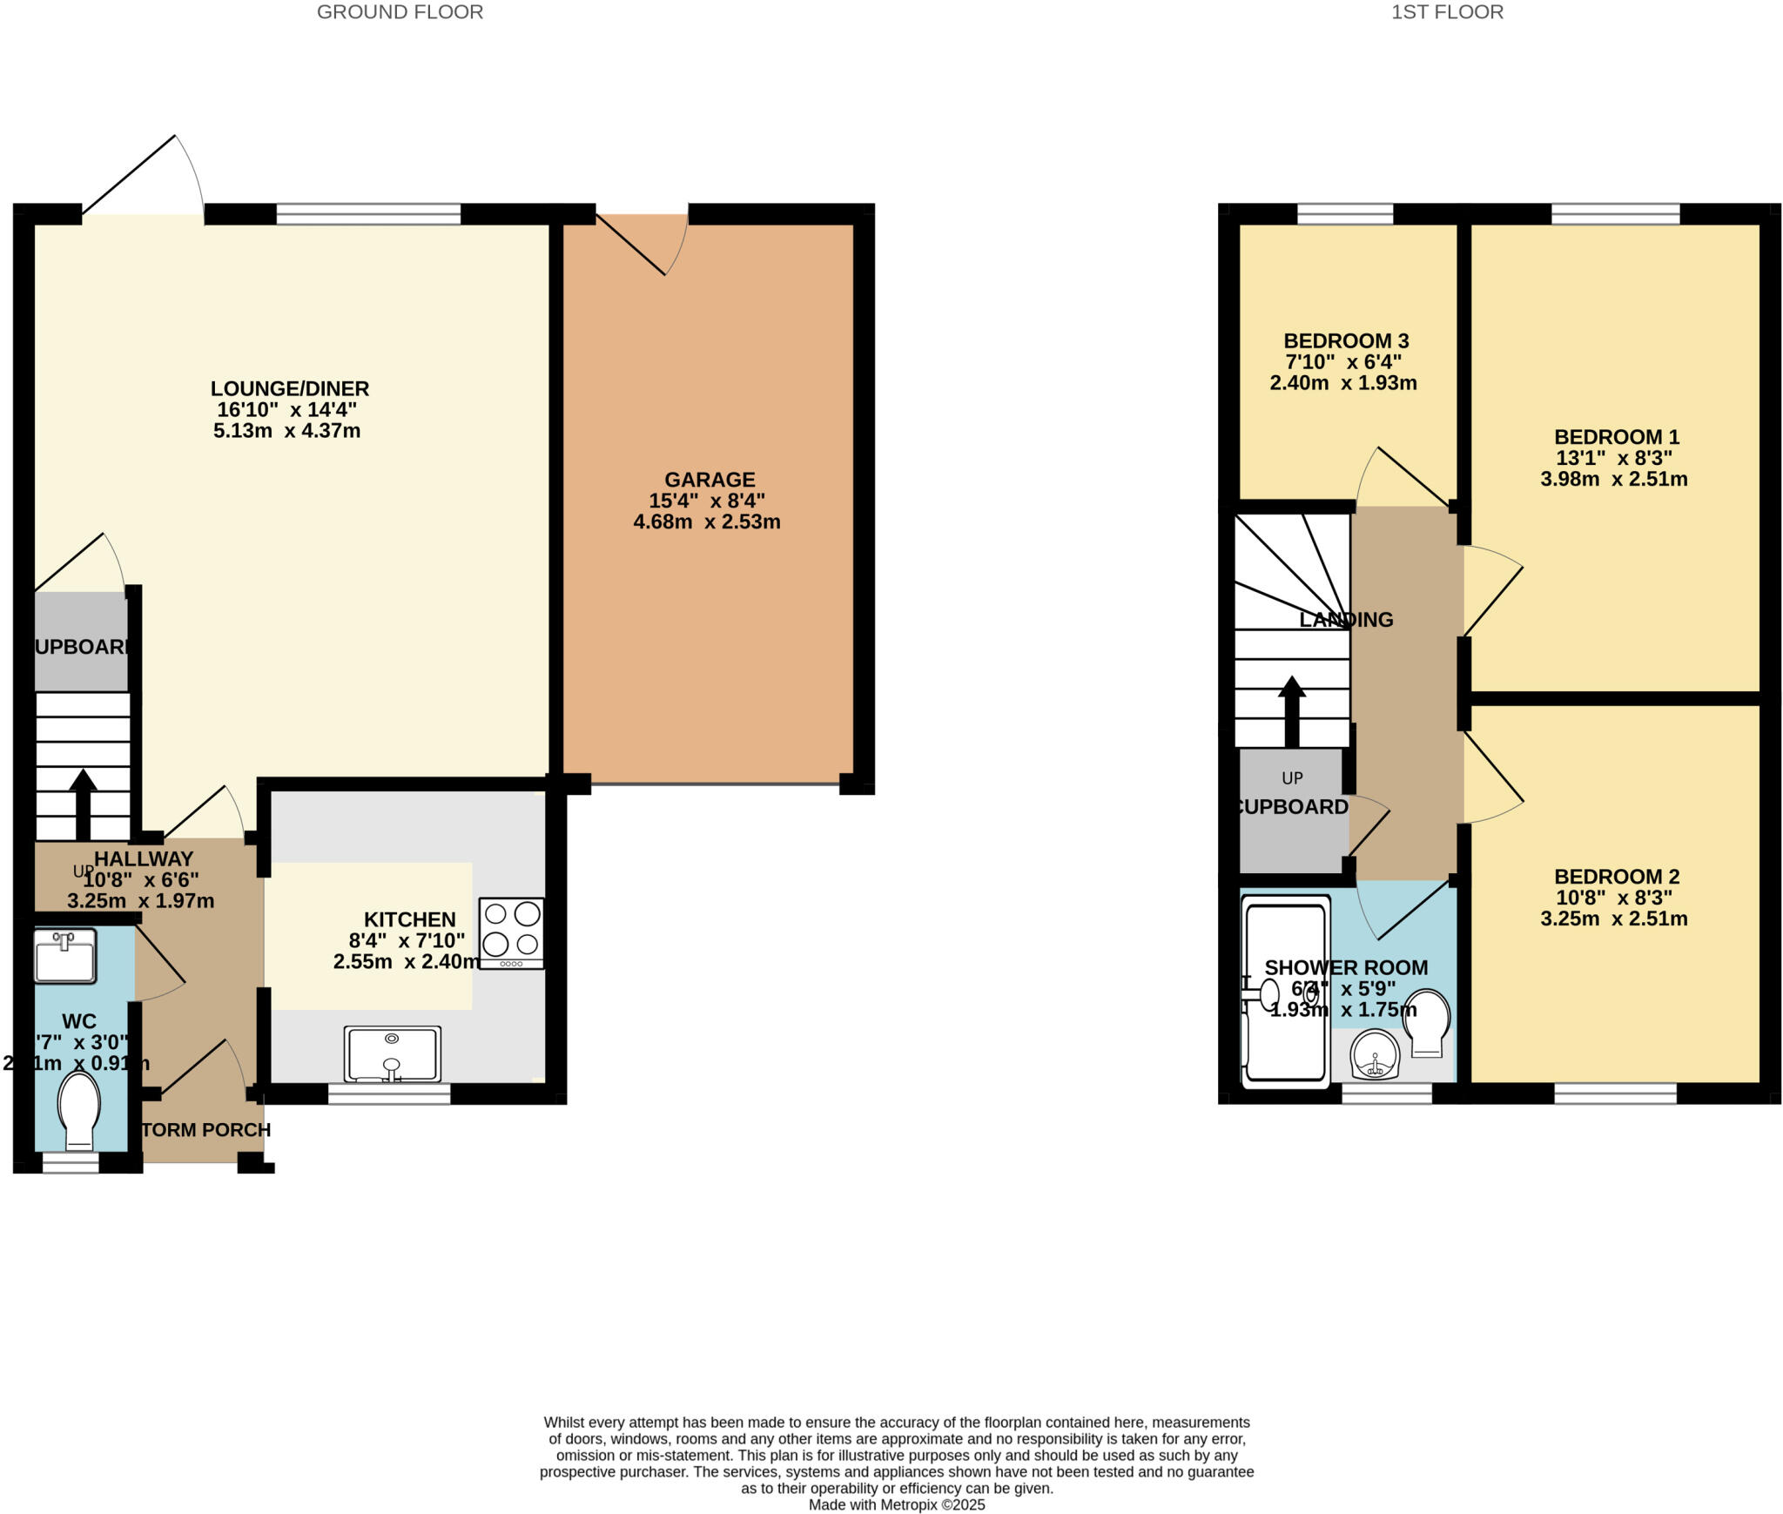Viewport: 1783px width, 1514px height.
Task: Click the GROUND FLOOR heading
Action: coord(400,12)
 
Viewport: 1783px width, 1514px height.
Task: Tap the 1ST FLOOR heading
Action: coord(1447,12)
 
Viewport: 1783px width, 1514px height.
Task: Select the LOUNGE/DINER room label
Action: coord(289,388)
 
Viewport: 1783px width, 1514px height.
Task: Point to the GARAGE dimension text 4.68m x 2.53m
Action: coord(706,522)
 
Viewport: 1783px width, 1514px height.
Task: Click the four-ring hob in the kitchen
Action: coord(512,932)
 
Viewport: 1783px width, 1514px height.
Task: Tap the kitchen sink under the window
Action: coord(392,1054)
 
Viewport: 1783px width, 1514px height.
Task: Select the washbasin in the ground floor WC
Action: coord(64,956)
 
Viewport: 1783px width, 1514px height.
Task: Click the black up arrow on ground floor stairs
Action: coord(83,803)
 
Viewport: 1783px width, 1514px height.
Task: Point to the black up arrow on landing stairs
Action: coord(1292,711)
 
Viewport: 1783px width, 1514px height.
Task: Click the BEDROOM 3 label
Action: coord(1346,340)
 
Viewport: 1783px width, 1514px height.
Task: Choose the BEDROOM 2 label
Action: coord(1616,877)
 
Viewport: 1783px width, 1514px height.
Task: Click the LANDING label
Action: coord(1346,620)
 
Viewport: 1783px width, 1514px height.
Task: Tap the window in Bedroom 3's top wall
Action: coord(1344,214)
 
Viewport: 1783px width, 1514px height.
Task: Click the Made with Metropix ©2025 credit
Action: coord(896,1504)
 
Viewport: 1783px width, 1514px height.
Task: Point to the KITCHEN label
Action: coord(409,919)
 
